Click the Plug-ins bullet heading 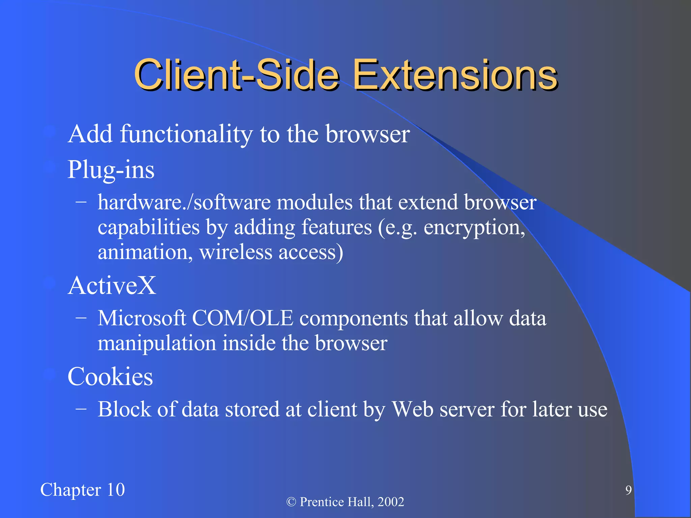(x=111, y=170)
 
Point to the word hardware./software (x=184, y=203)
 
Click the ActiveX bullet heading (x=112, y=286)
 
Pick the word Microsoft (x=142, y=318)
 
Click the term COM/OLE (x=243, y=318)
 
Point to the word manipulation (x=157, y=343)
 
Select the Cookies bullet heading (x=110, y=377)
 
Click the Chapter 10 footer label (x=83, y=490)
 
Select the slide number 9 (x=628, y=490)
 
